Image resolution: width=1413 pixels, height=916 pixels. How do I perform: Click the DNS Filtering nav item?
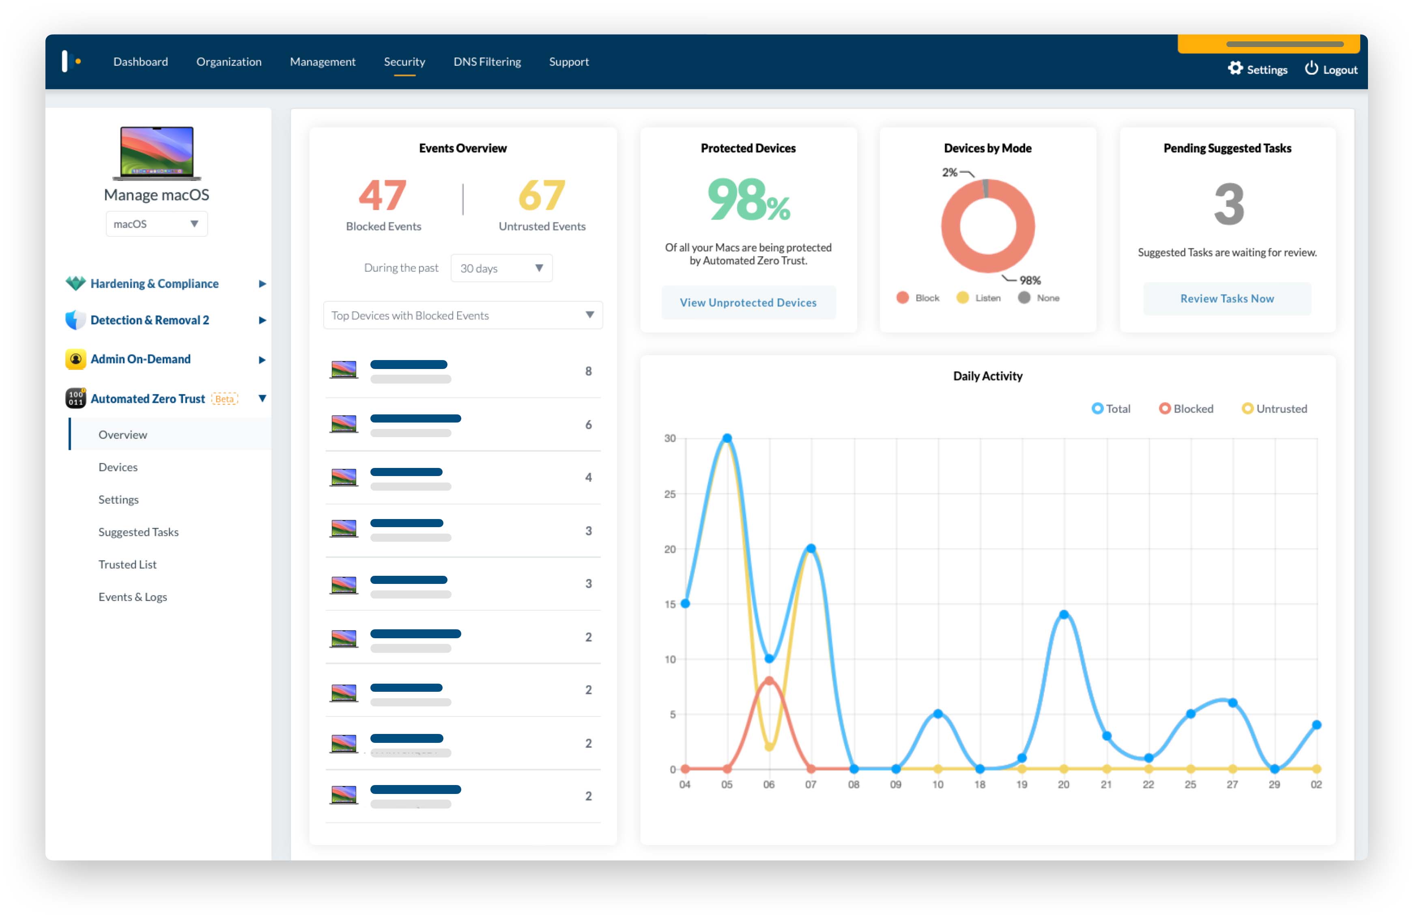tap(487, 62)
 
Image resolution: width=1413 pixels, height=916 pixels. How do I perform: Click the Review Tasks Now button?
tap(1226, 298)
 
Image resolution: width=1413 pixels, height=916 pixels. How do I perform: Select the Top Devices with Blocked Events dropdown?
tap(462, 315)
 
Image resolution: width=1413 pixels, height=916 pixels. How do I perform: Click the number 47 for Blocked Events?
tap(382, 196)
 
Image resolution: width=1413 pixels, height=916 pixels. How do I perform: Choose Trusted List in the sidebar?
tap(127, 564)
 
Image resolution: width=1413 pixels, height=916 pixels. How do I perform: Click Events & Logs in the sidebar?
tap(132, 597)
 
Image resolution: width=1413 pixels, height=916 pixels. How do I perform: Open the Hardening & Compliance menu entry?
tap(154, 283)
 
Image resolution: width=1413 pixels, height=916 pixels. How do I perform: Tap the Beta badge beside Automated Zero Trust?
tap(224, 399)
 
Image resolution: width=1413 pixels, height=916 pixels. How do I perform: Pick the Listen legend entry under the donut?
tap(979, 298)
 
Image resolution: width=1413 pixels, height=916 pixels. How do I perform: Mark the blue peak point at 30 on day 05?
tap(727, 438)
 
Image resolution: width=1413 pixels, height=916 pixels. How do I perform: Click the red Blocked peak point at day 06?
tap(769, 680)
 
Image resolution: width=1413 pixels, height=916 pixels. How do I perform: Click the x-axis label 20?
tap(1063, 784)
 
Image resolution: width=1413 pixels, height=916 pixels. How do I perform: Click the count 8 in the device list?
tap(588, 371)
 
